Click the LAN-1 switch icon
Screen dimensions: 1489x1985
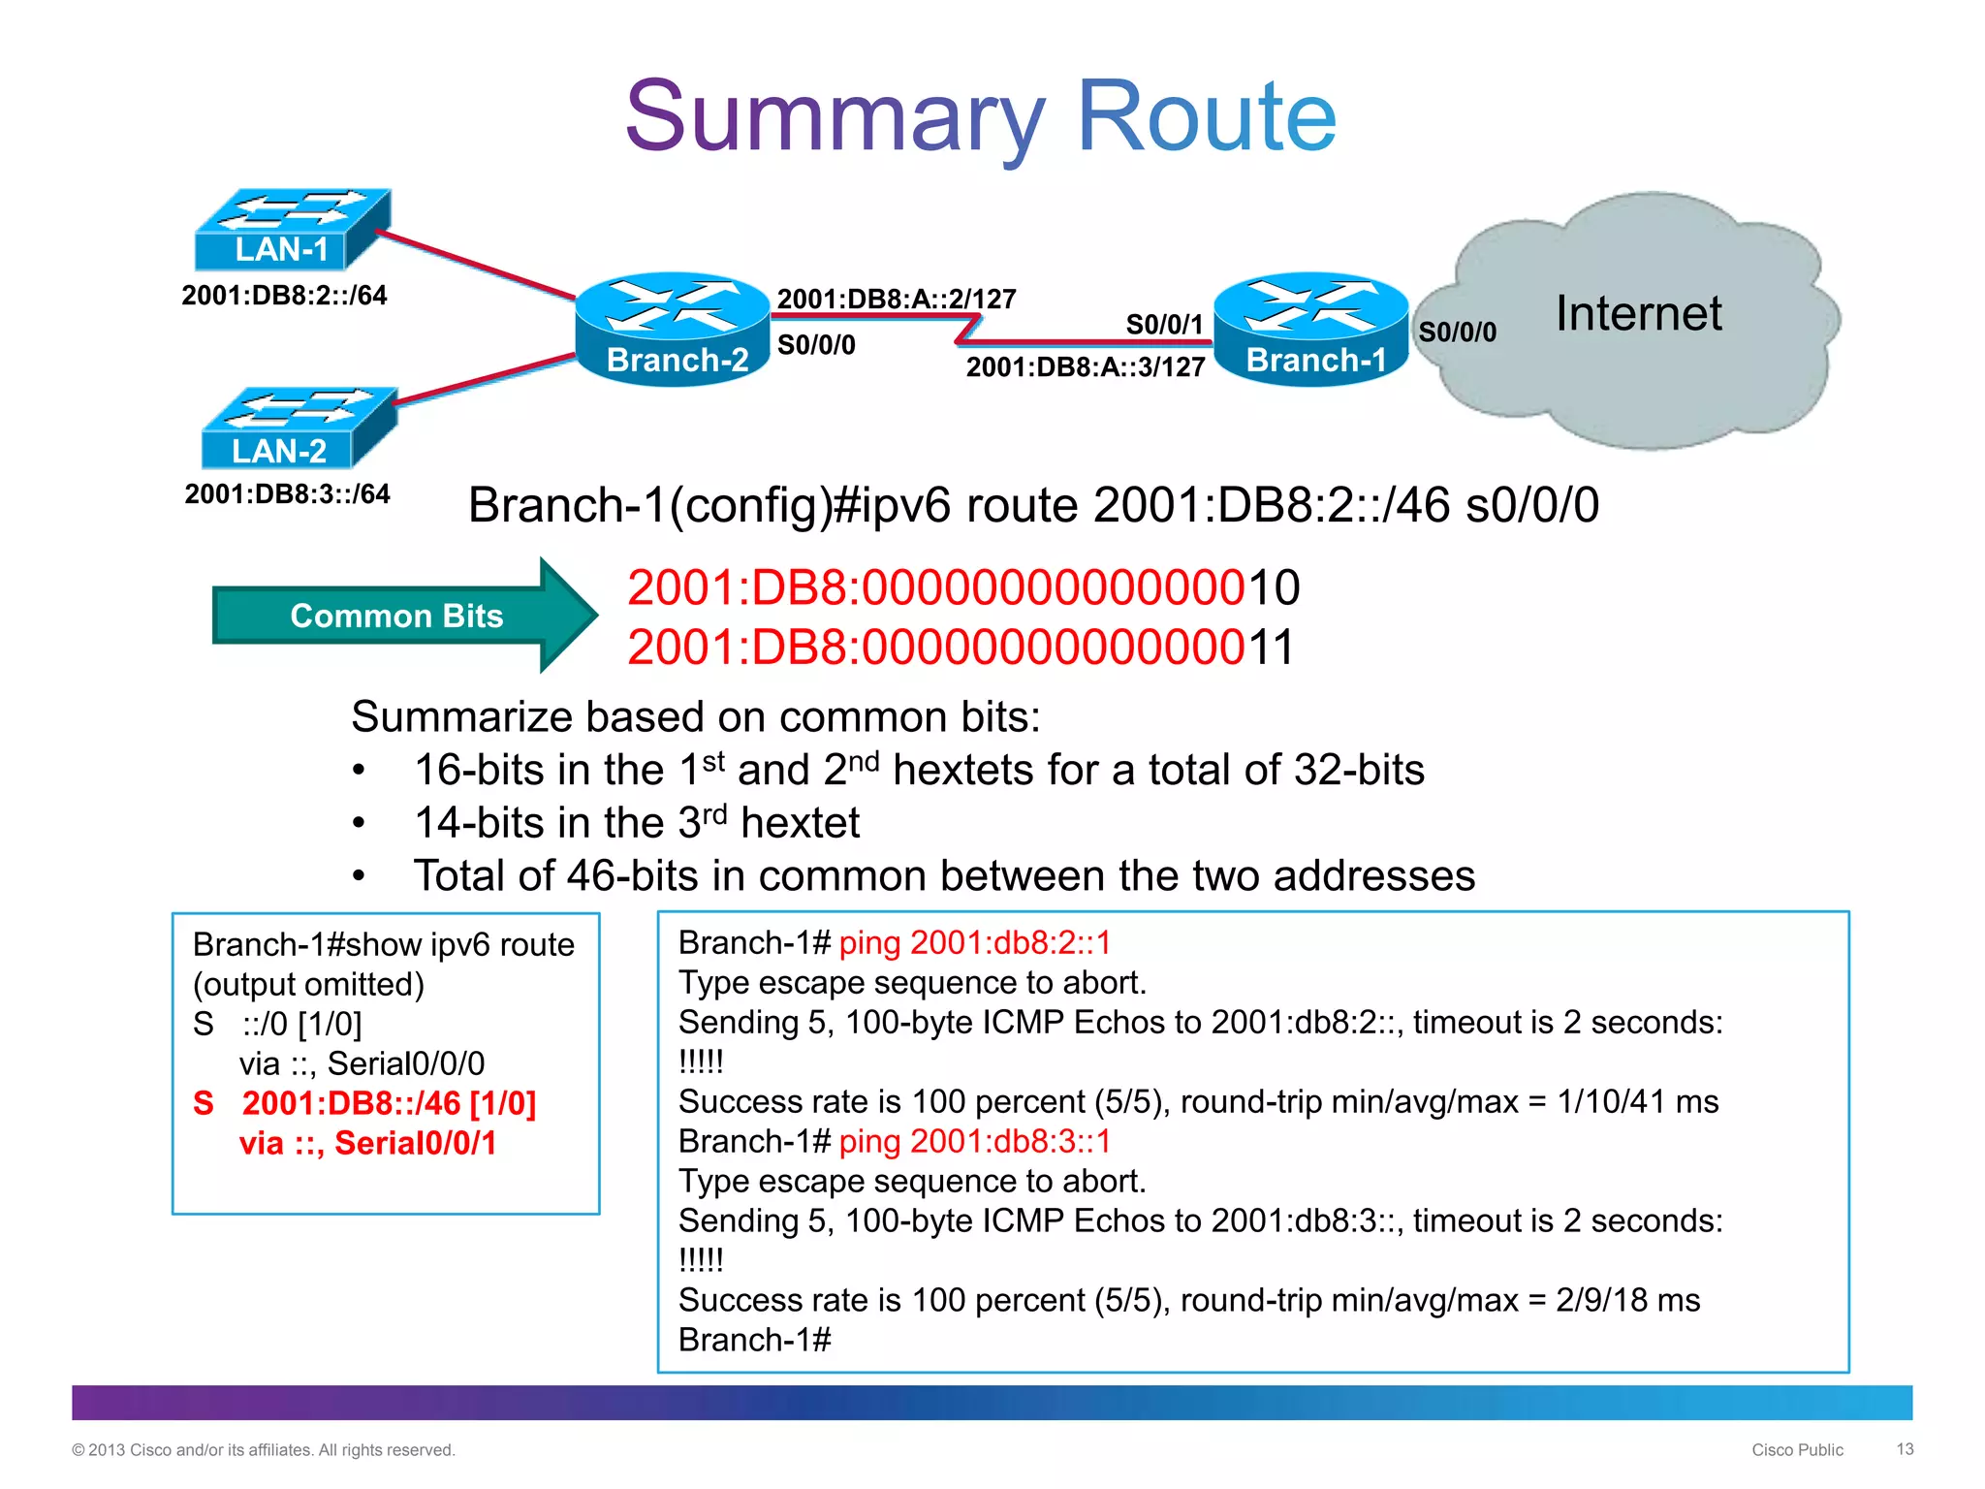pyautogui.click(x=291, y=231)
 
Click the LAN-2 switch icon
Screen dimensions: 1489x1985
pyautogui.click(x=298, y=428)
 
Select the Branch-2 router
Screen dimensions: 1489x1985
pyautogui.click(x=674, y=330)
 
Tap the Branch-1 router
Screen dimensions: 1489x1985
pyautogui.click(x=1311, y=330)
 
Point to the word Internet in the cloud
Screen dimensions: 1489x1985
pyautogui.click(x=1638, y=314)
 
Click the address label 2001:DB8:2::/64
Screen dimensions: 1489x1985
pyautogui.click(x=284, y=295)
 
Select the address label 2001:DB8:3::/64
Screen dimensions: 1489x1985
pyautogui.click(x=287, y=493)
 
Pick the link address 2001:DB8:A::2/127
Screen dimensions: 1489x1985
pyautogui.click(x=897, y=299)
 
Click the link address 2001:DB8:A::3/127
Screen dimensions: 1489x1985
pyautogui.click(x=1086, y=367)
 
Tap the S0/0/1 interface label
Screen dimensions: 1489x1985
pyautogui.click(x=1164, y=324)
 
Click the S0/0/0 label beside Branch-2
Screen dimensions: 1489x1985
pyautogui.click(x=816, y=345)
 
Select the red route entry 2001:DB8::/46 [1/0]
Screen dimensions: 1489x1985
pyautogui.click(x=388, y=1103)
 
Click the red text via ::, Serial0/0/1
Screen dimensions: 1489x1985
pyautogui.click(x=367, y=1143)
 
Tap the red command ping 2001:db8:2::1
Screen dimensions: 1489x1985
pyautogui.click(x=974, y=942)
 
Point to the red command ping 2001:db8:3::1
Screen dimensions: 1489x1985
pyautogui.click(x=974, y=1141)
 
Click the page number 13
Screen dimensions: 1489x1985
pyautogui.click(x=1905, y=1449)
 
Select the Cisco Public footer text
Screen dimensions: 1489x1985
pyautogui.click(x=1797, y=1450)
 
